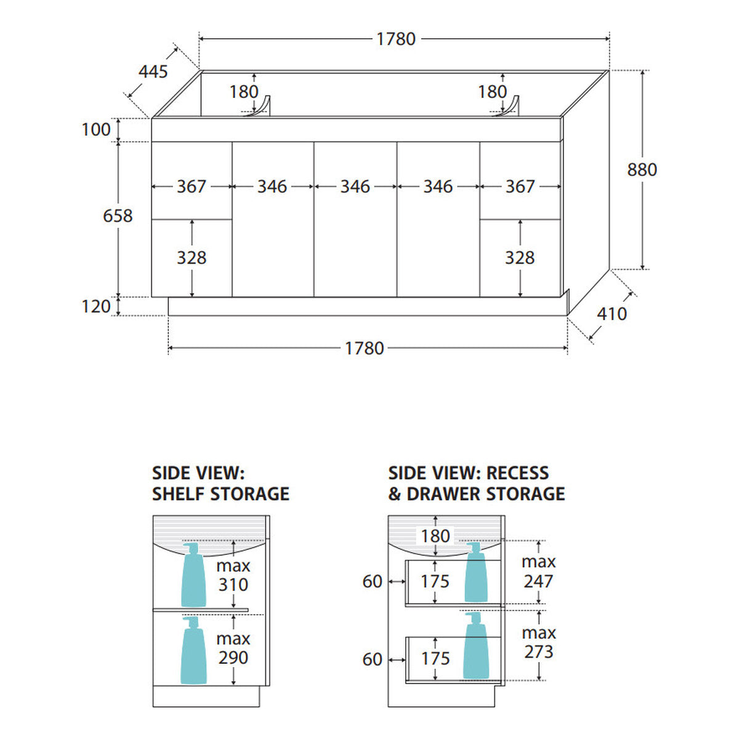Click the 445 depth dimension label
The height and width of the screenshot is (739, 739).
[153, 71]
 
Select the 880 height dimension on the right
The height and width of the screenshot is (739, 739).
[642, 169]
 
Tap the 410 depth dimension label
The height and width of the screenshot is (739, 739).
[612, 314]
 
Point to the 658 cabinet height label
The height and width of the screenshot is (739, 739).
[118, 216]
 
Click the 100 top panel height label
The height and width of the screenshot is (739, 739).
[96, 129]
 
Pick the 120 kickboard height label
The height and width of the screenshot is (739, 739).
[96, 307]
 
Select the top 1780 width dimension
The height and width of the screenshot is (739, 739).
[396, 39]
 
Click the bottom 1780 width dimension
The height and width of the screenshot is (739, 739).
[365, 348]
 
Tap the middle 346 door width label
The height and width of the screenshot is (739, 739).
[355, 187]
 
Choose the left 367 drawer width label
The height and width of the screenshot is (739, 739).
[192, 187]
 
